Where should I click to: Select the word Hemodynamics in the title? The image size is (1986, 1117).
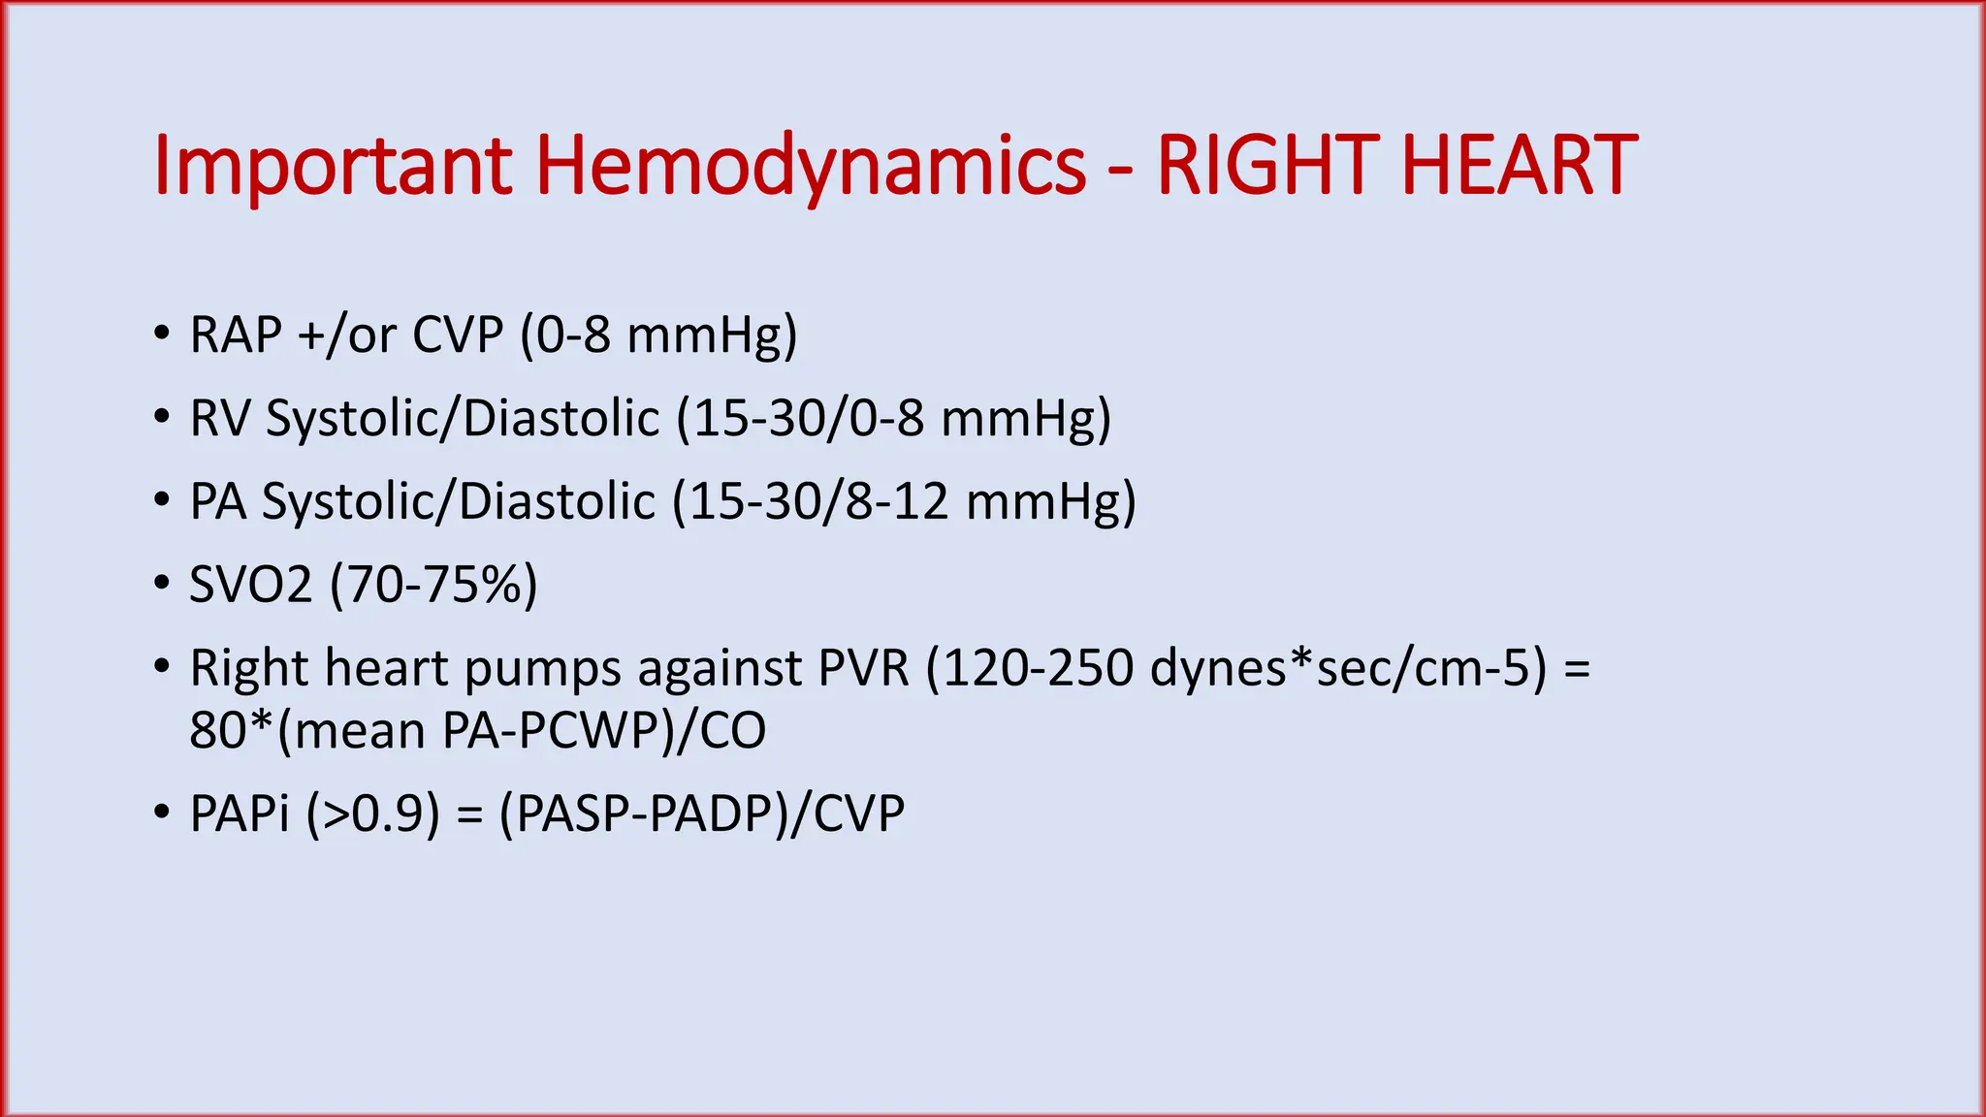pyautogui.click(x=811, y=167)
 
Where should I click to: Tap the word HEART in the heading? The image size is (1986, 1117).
pyautogui.click(x=1519, y=167)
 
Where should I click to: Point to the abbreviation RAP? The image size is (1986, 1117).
pyautogui.click(x=236, y=335)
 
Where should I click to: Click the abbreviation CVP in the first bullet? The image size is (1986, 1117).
pyautogui.click(x=458, y=335)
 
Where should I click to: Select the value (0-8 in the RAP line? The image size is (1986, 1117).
pyautogui.click(x=565, y=335)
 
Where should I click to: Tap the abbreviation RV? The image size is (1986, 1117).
pyautogui.click(x=220, y=419)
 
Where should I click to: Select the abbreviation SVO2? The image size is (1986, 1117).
pyautogui.click(x=251, y=586)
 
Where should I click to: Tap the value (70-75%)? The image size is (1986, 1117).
pyautogui.click(x=433, y=586)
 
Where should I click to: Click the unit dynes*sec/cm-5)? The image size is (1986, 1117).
pyautogui.click(x=1349, y=669)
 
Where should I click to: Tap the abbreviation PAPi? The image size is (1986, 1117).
pyautogui.click(x=240, y=813)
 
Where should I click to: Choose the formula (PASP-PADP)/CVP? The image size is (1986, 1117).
pyautogui.click(x=701, y=813)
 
